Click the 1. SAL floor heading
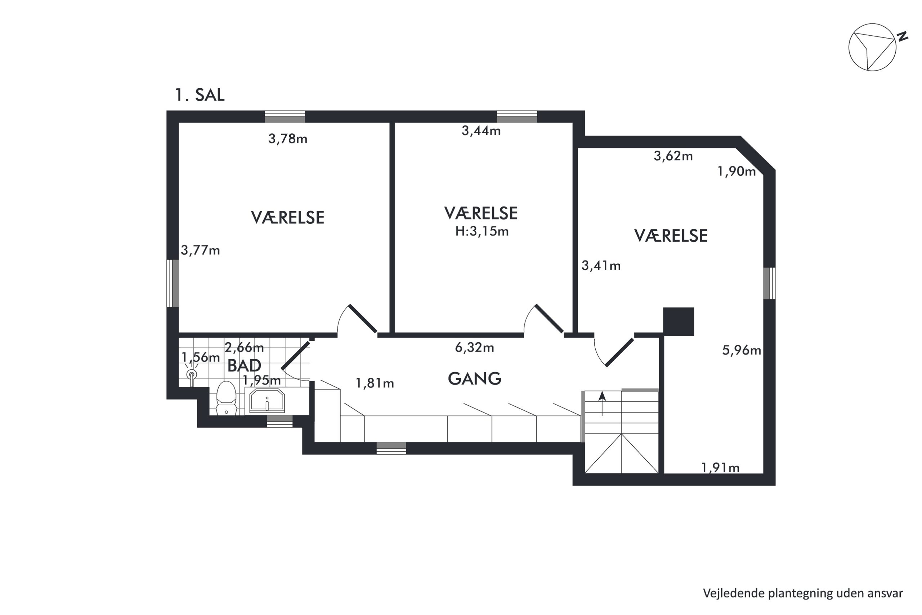[x=200, y=95]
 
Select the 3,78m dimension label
[x=288, y=139]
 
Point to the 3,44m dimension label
[x=481, y=131]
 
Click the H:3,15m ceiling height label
[x=482, y=231]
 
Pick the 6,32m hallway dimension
[x=474, y=348]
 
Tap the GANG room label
[x=474, y=379]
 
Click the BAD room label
[x=244, y=366]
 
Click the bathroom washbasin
[x=267, y=401]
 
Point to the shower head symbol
[x=192, y=374]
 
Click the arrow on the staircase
[x=602, y=403]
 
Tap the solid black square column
[x=679, y=322]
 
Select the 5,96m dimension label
[x=742, y=350]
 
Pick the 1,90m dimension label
[x=737, y=171]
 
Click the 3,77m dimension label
[x=200, y=250]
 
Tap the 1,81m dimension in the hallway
[x=375, y=383]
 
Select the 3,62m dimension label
[x=673, y=156]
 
